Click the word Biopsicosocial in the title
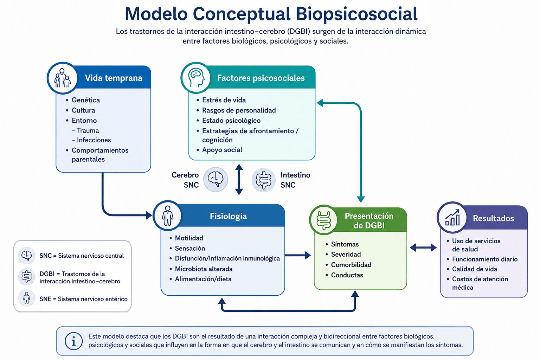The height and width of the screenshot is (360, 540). click(356, 14)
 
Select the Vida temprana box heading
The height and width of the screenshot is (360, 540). click(114, 78)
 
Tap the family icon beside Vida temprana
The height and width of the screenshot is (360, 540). click(62, 78)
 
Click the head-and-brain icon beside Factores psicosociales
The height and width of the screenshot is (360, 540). click(196, 78)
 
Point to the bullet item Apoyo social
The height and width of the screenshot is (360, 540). click(222, 150)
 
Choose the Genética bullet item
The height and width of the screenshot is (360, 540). click(85, 100)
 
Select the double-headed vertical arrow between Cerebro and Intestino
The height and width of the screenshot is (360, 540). click(239, 179)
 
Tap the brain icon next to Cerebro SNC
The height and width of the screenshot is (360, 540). click(216, 180)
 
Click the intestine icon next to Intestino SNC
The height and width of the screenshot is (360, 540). click(263, 180)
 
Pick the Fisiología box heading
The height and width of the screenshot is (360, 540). click(228, 216)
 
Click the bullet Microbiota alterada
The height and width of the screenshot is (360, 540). click(204, 269)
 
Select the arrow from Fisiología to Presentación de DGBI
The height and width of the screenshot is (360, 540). click(298, 255)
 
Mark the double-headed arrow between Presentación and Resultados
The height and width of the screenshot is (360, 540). click(423, 247)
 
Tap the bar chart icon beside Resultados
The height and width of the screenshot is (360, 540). click(452, 217)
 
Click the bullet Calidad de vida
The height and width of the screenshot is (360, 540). click(474, 269)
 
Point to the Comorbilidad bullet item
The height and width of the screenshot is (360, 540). click(351, 265)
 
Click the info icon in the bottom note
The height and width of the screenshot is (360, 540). click(73, 341)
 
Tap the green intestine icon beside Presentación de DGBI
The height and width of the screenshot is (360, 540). click(324, 220)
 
